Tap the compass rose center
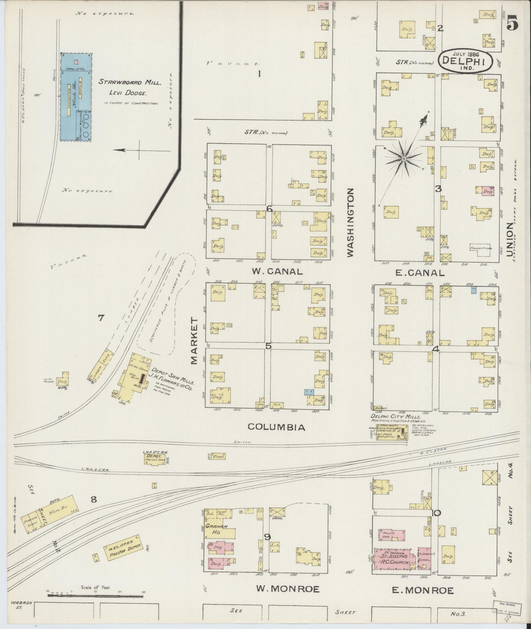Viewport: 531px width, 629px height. coord(403,159)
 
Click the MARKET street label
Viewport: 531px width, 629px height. coord(195,341)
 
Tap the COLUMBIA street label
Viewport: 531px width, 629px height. coord(276,427)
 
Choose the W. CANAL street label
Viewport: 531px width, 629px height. coord(277,272)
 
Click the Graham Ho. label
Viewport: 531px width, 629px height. coord(217,529)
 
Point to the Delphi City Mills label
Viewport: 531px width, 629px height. coord(395,417)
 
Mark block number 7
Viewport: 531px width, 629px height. coord(101,318)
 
